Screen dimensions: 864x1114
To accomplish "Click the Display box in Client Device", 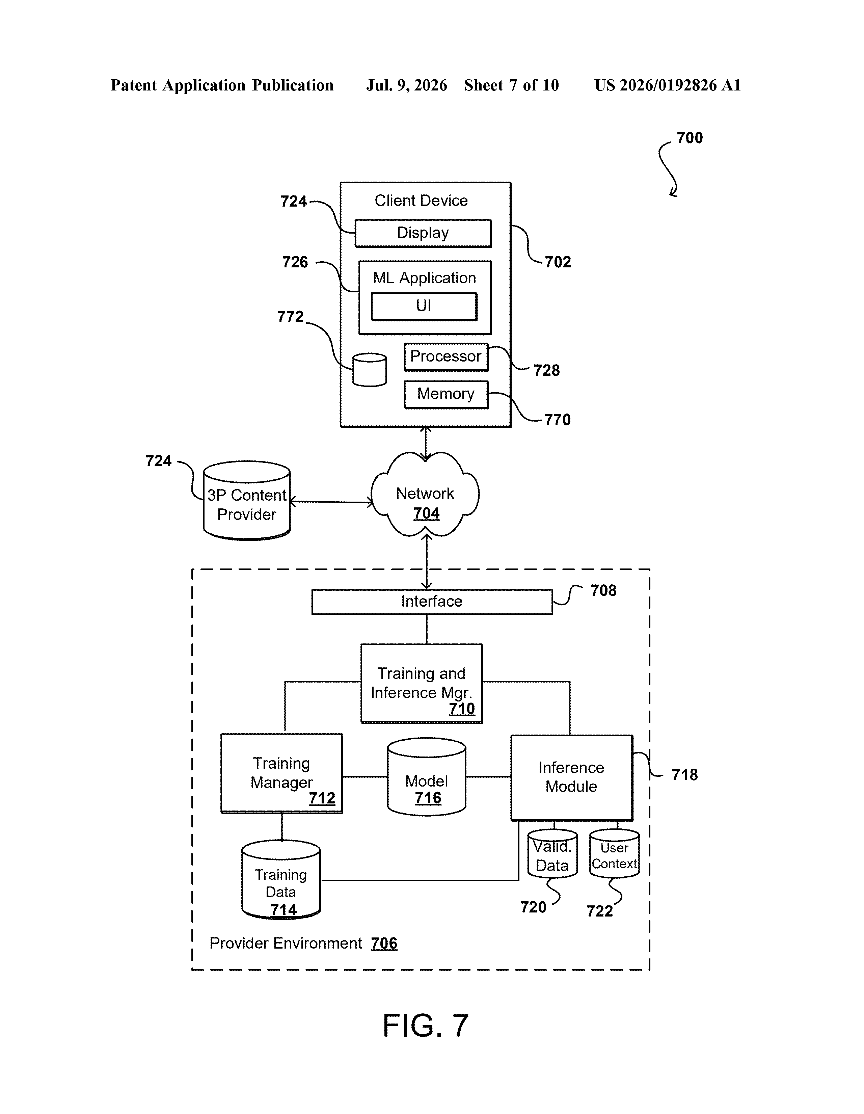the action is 423,233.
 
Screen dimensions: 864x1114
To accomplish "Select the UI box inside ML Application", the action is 424,306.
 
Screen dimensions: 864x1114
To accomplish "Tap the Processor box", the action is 446,356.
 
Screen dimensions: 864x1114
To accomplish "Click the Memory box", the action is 446,394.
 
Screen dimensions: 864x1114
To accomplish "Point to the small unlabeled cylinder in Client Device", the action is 369,370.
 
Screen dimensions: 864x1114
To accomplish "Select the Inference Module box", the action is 572,778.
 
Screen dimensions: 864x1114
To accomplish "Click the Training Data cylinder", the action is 281,880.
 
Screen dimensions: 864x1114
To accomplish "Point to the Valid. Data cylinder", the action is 552,853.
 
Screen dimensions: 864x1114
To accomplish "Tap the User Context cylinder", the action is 614,853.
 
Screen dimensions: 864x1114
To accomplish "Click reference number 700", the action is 690,138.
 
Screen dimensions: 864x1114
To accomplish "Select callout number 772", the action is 290,317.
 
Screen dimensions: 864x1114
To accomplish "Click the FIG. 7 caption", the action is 425,1026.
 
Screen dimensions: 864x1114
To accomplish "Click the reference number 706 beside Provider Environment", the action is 384,943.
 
